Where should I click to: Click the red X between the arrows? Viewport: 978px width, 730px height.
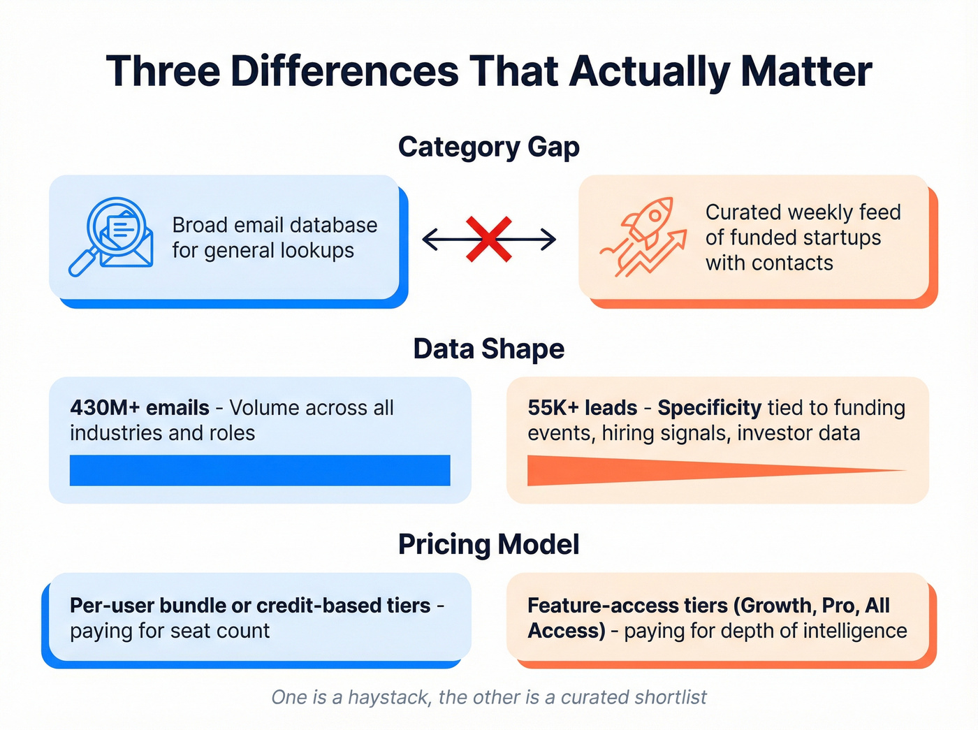coord(489,240)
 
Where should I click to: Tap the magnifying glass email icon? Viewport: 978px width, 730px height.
coord(112,236)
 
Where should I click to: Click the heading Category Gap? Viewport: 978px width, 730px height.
coord(488,147)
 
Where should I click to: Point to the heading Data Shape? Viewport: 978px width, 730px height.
coord(488,349)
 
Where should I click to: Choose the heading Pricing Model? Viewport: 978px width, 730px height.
coord(488,544)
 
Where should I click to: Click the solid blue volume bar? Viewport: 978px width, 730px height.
coord(260,470)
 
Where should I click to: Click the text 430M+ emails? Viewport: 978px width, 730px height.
coord(140,407)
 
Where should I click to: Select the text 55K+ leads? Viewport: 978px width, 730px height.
coord(583,407)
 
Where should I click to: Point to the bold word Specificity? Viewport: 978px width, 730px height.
coord(709,407)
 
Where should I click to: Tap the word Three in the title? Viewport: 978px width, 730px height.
coord(163,71)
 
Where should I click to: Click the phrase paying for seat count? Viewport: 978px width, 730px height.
coord(170,631)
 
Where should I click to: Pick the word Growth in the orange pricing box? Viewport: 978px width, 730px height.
coord(775,605)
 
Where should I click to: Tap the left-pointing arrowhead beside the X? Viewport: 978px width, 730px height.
coord(427,240)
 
